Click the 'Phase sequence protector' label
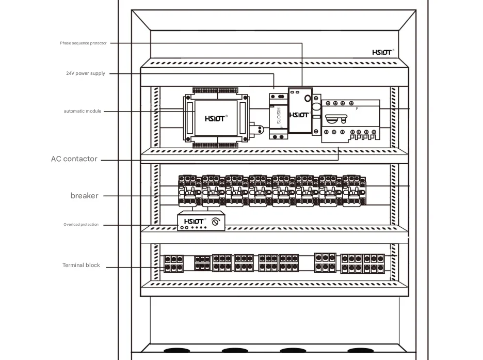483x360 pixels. point(83,43)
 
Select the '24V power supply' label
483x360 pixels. point(86,73)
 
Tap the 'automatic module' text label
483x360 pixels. point(82,111)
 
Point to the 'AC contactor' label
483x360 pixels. point(74,159)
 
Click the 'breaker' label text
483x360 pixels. point(85,196)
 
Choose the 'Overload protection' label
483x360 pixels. point(81,224)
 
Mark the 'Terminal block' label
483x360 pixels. point(81,265)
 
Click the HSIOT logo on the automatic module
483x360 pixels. point(215,118)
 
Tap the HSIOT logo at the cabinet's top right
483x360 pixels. point(382,52)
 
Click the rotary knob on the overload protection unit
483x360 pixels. point(216,222)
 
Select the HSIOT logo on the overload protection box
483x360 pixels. point(194,221)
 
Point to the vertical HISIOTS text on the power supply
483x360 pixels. point(279,116)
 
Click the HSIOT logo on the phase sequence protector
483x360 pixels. point(299,115)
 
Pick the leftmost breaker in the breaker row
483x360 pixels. point(187,191)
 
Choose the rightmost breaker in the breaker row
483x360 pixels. point(354,191)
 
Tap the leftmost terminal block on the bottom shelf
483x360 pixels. point(173,263)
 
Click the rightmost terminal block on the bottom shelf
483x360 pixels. point(363,263)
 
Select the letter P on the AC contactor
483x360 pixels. point(357,109)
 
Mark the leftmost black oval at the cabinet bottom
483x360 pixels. point(177,350)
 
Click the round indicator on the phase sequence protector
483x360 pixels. point(308,98)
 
